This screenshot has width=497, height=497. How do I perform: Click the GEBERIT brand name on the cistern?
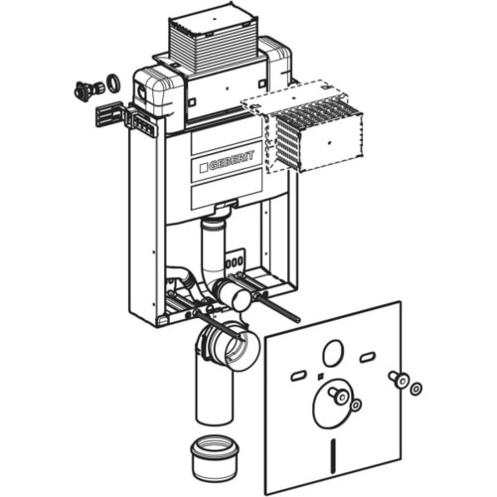point(232,161)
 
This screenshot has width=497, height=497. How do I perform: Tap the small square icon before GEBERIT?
point(204,168)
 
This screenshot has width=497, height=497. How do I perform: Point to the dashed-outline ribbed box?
point(301,126)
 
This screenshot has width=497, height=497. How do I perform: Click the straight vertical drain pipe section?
point(215,391)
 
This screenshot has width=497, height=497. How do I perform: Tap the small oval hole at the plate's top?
point(332,354)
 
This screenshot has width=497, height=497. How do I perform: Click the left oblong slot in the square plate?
point(299,376)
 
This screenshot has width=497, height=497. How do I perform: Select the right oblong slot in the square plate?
point(367,358)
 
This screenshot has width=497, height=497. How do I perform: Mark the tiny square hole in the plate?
point(320,376)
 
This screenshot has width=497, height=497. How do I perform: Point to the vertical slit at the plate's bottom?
point(334,449)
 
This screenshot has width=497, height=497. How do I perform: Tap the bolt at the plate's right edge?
point(399,380)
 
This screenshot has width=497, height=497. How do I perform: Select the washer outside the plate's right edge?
point(415,389)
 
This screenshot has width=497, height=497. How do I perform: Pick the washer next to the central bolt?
point(356,405)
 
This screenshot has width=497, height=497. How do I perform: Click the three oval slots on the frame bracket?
point(235,262)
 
